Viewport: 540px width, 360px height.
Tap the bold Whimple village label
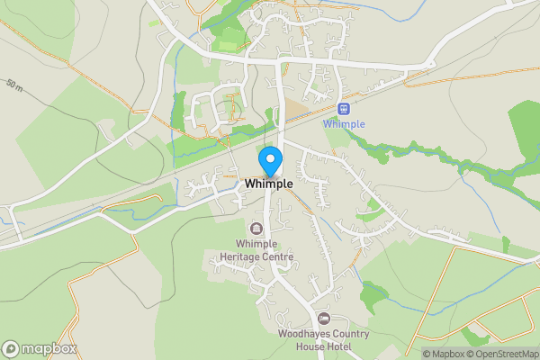tap(268, 184)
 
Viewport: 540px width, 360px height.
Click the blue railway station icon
tap(343, 109)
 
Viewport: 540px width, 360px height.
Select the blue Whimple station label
tap(343, 124)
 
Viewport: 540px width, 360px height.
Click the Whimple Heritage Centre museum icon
tap(256, 229)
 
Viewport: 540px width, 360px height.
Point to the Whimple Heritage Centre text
tap(256, 250)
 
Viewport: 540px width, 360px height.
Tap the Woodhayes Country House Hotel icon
tap(324, 319)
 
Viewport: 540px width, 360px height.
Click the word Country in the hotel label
tap(349, 334)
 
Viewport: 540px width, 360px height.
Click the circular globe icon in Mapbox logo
tap(11, 348)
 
